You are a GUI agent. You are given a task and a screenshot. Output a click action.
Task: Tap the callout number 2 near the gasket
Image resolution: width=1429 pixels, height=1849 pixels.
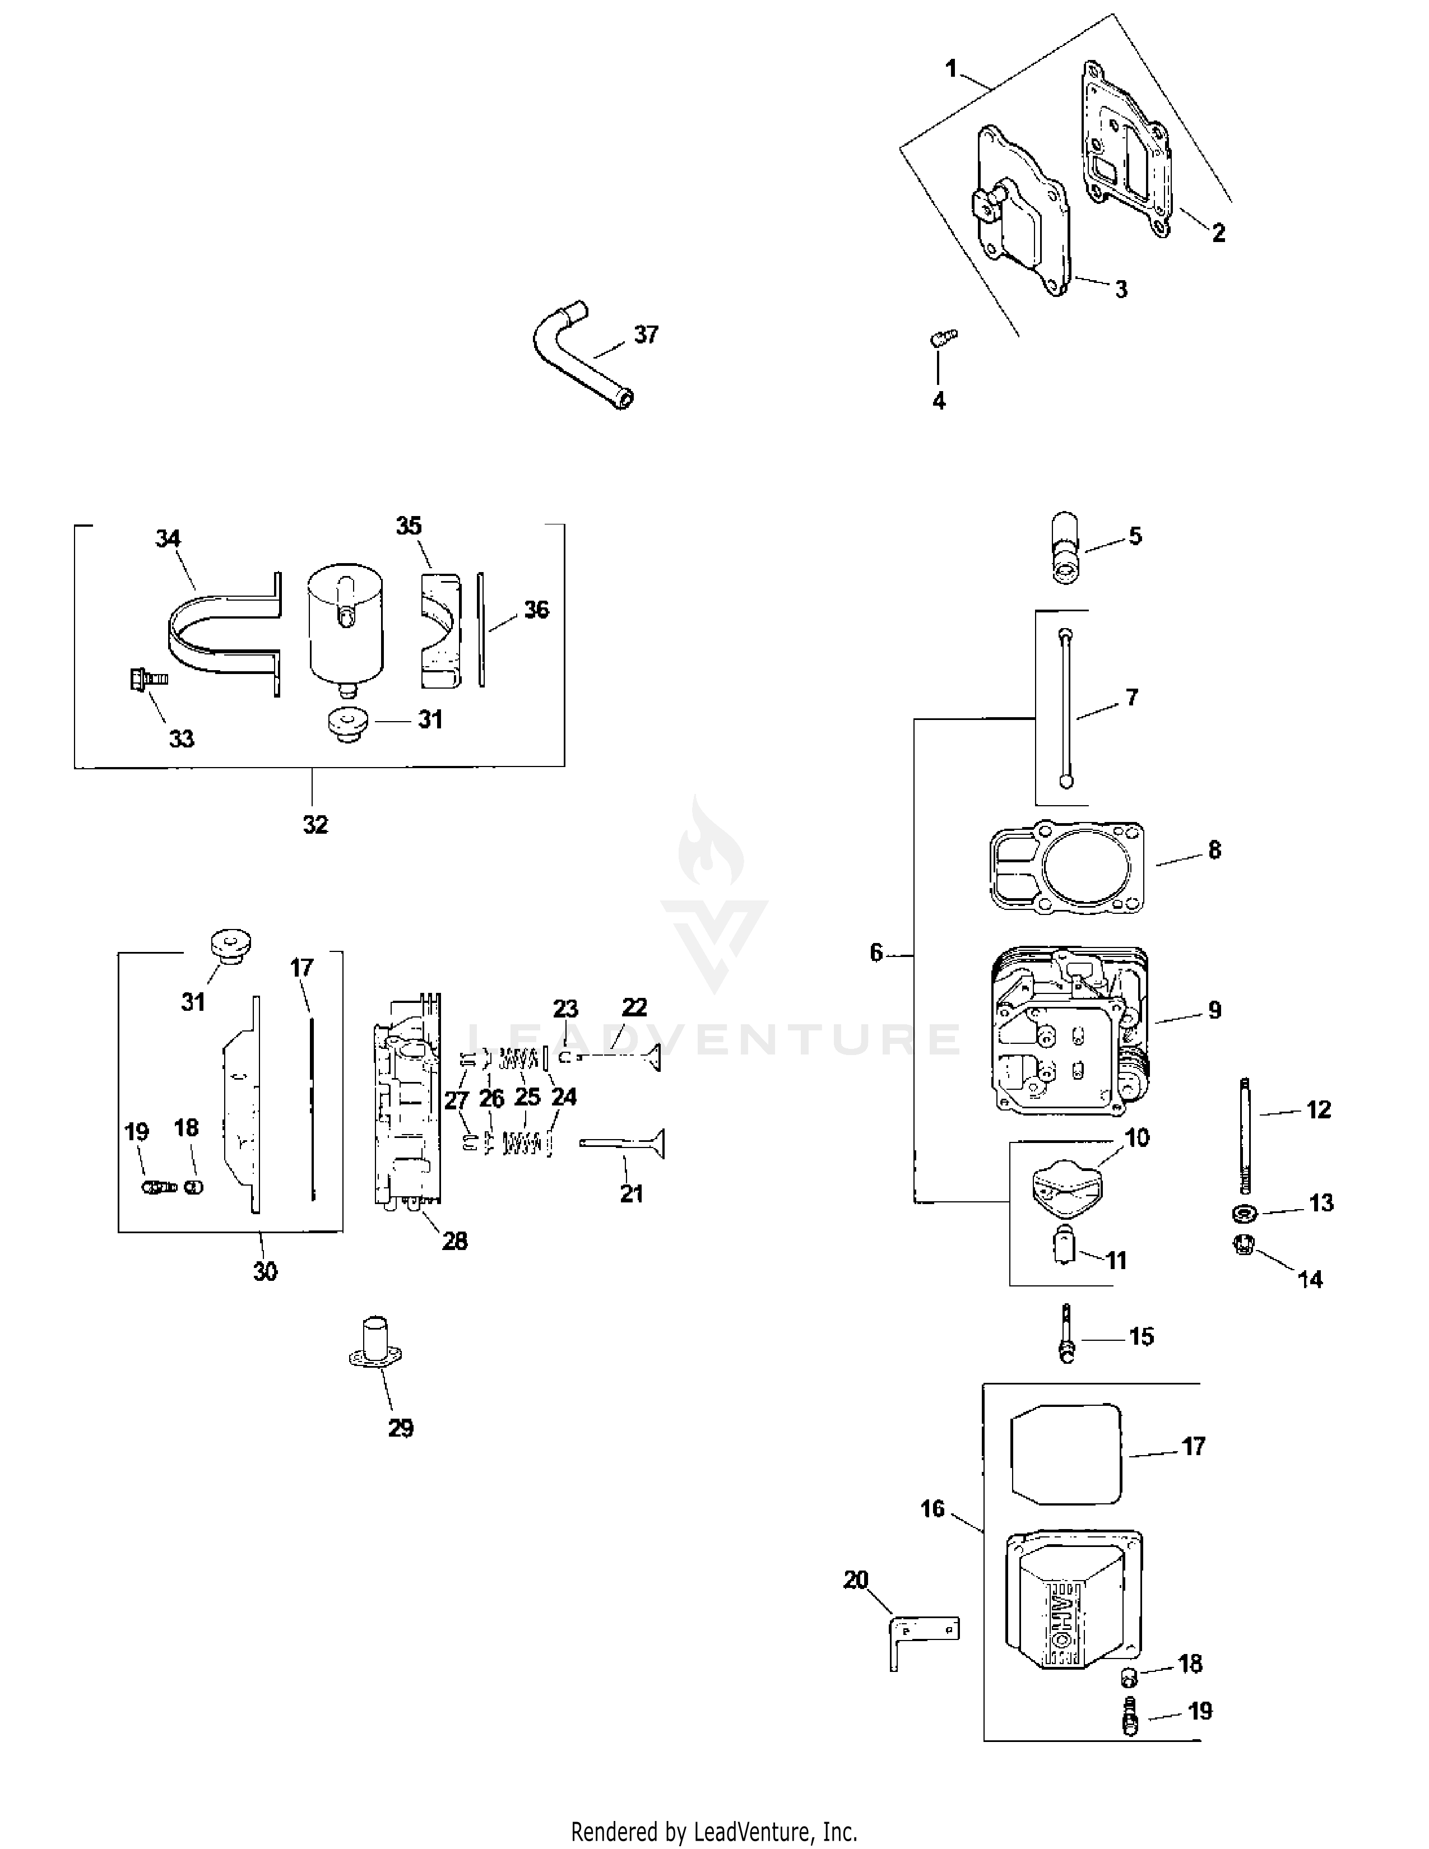1218,233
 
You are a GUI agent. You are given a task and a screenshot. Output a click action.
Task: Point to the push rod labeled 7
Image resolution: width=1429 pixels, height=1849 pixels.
1066,707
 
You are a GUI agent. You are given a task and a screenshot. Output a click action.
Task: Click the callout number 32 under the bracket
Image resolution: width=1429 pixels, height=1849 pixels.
315,824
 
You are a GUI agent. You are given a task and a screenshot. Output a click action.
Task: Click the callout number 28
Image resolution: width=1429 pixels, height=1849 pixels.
454,1241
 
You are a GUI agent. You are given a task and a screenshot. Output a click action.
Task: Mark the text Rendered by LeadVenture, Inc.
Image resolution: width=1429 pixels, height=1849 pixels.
713,1831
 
